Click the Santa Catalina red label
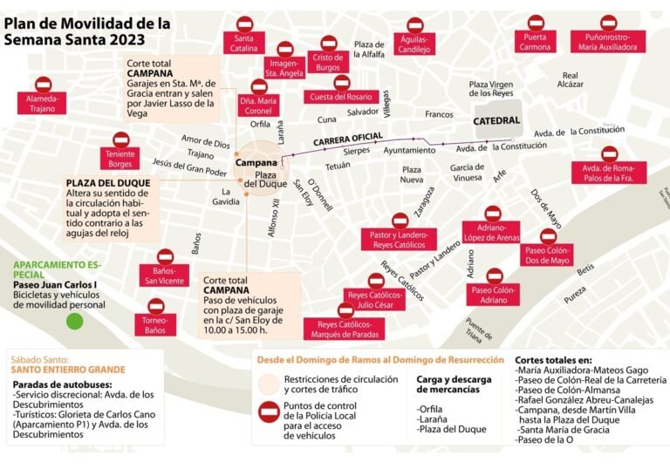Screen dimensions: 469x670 tap(245, 44)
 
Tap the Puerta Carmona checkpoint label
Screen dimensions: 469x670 tap(535, 42)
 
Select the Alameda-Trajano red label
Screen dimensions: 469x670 tap(41, 104)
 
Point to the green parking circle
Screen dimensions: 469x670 tap(75, 321)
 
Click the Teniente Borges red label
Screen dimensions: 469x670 tap(120, 160)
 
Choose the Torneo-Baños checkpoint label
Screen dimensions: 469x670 tap(154, 326)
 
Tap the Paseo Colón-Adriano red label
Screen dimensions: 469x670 tap(489, 296)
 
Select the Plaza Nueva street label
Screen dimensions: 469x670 tap(411, 174)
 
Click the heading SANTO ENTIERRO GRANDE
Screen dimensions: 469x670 tap(68, 370)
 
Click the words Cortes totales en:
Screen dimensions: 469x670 tap(553, 359)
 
